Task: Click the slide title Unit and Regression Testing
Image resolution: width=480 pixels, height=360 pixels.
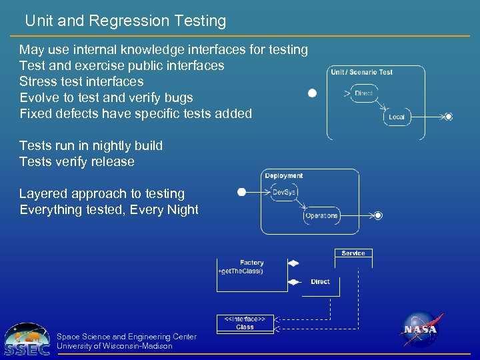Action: click(125, 21)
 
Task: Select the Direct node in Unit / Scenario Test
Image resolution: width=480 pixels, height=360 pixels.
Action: click(364, 93)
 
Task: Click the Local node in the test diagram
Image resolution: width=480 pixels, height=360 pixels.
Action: click(397, 117)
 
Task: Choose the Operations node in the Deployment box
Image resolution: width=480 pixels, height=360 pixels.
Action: click(321, 215)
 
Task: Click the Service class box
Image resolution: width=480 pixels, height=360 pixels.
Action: click(353, 253)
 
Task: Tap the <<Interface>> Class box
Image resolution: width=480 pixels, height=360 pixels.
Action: click(245, 323)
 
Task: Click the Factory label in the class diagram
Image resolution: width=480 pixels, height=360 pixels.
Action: click(252, 263)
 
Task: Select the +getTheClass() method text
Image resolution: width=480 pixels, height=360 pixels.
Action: click(241, 271)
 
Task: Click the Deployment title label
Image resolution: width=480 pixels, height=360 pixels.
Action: click(284, 176)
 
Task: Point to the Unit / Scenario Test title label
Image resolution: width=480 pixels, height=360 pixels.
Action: click(362, 72)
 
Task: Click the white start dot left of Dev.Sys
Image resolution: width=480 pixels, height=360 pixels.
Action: click(242, 193)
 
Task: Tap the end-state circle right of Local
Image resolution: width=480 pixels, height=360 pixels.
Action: click(449, 117)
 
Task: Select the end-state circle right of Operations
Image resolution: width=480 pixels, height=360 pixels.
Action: click(378, 215)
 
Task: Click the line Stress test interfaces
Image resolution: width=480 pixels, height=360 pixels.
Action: click(81, 81)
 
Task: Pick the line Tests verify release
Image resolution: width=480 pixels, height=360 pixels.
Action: click(77, 161)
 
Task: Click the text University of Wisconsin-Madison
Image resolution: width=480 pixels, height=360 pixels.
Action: click(115, 346)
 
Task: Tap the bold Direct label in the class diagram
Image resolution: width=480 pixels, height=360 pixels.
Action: click(320, 281)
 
